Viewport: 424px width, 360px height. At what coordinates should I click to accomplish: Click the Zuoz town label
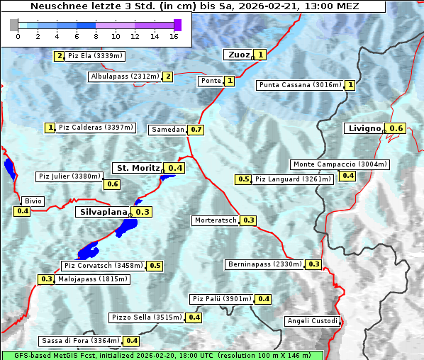tap(238, 55)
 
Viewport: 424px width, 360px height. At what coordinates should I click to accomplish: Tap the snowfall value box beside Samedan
tap(196, 130)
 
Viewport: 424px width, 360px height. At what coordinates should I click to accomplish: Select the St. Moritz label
tap(138, 168)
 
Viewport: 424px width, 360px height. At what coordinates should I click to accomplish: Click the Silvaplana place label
tap(103, 212)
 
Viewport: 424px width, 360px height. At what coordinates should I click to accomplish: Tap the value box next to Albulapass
tap(168, 77)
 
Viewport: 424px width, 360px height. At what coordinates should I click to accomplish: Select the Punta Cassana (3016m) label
tap(301, 85)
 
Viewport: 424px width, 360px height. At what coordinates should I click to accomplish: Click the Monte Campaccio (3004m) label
tap(340, 164)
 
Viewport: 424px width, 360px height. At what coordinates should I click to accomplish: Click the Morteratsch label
tap(216, 220)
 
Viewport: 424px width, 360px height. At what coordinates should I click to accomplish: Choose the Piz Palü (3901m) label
tap(222, 299)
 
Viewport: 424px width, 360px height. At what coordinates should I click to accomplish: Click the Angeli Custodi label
tap(312, 321)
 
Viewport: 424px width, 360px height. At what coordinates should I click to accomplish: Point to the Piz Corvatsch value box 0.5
tap(155, 266)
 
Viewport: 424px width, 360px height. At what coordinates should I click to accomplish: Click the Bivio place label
tap(33, 201)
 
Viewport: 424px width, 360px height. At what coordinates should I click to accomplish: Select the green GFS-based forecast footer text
tap(162, 355)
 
